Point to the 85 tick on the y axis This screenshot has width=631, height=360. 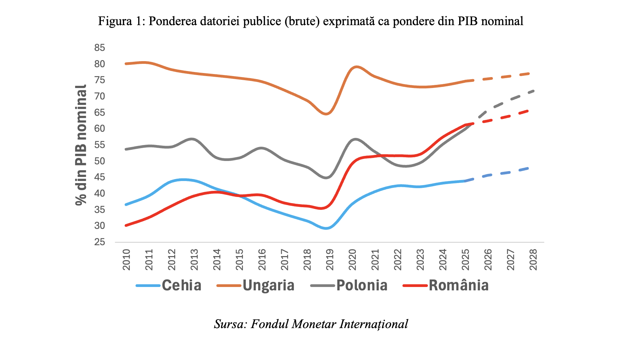coord(100,48)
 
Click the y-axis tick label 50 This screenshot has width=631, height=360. coord(100,161)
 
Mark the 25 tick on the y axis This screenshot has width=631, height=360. coord(100,242)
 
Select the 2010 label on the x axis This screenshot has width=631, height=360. coord(126,260)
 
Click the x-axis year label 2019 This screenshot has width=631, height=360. coord(330,260)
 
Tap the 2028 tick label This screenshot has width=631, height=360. coord(533,260)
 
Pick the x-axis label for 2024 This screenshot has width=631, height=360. coord(443,260)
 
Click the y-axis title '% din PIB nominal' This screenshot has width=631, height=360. coord(81,145)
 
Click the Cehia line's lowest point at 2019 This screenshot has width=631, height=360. coord(326,228)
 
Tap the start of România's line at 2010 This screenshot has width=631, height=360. coord(126,225)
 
